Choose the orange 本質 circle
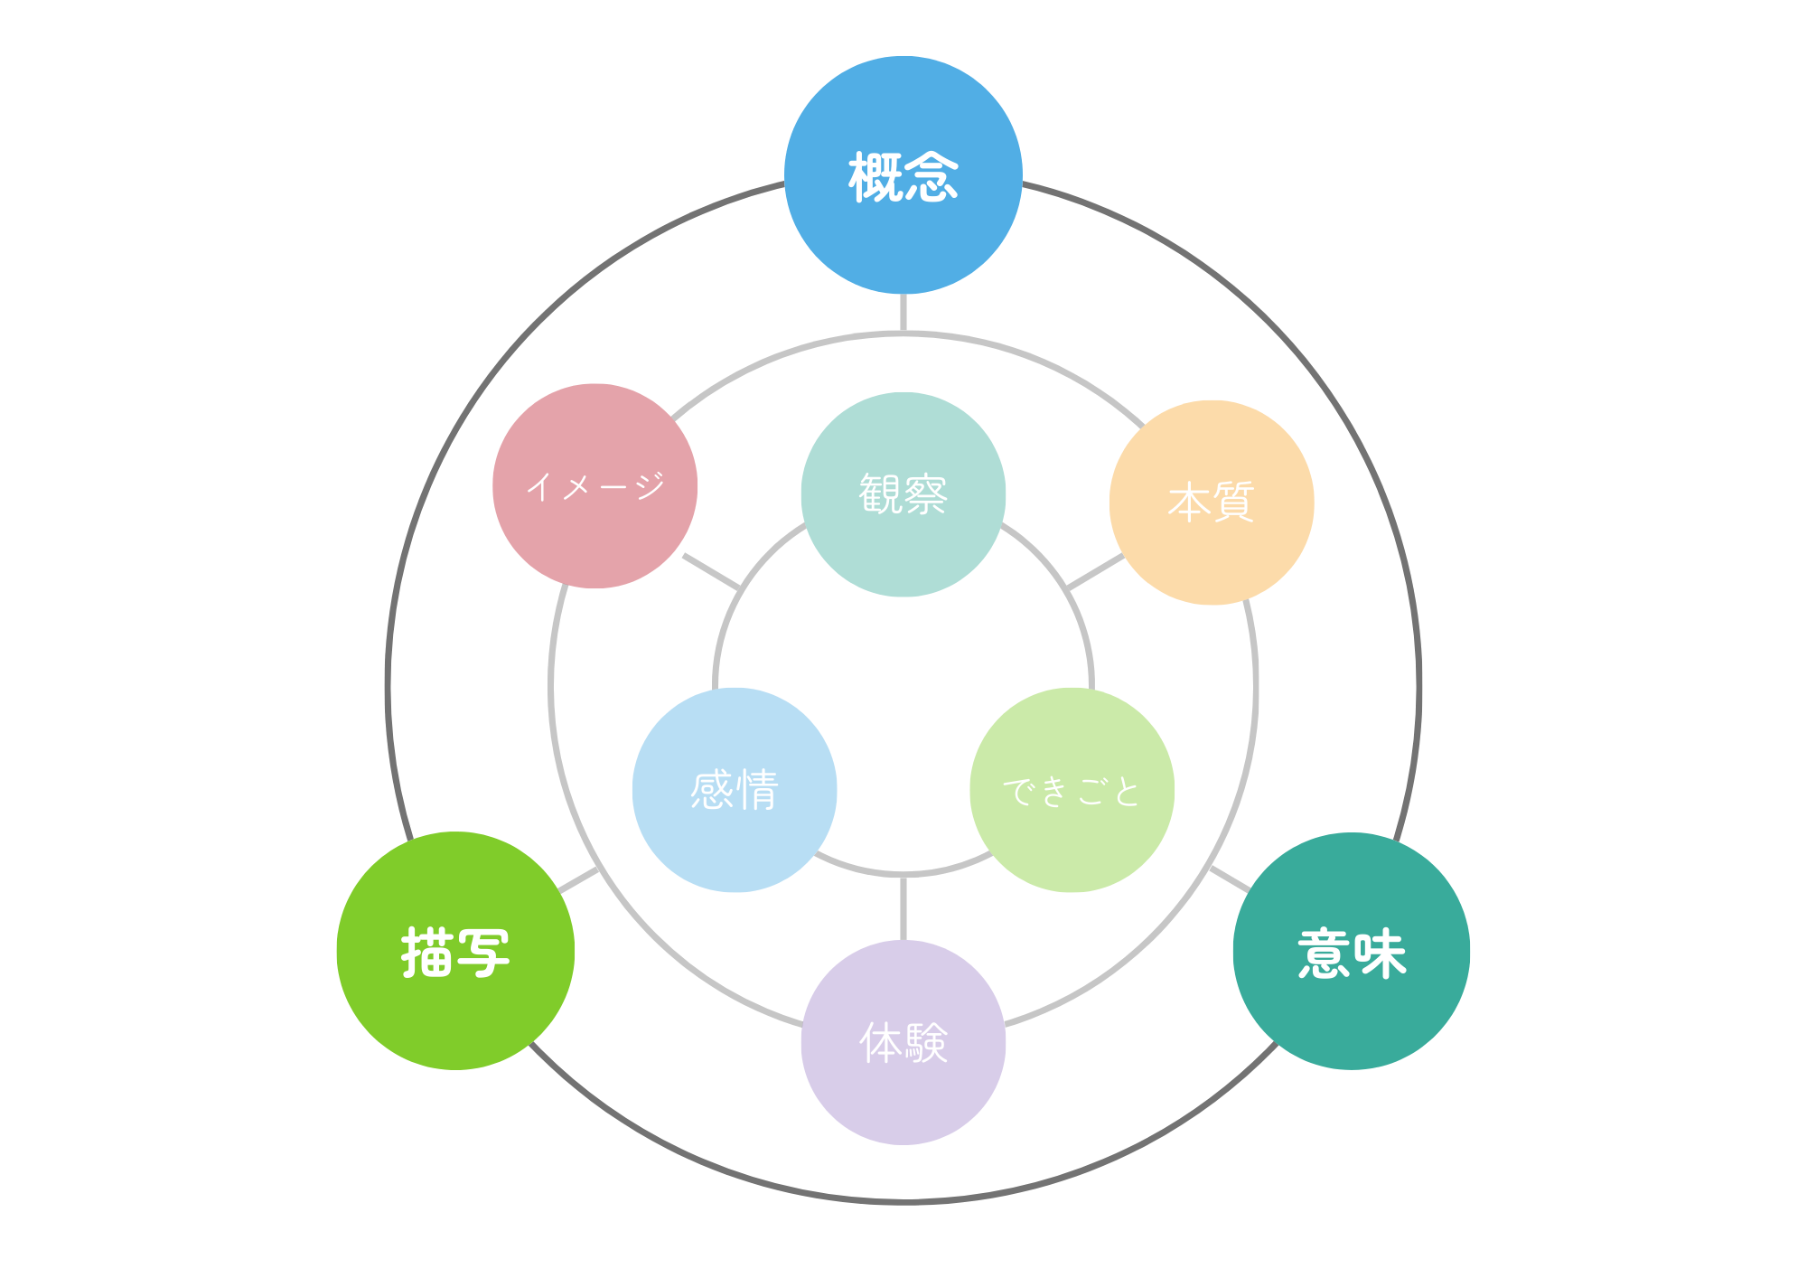(1212, 551)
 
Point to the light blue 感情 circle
(735, 841)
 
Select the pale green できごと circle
(1072, 841)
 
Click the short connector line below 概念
(903, 314)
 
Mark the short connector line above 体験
(903, 908)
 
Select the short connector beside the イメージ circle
(712, 572)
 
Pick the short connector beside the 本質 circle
(1096, 572)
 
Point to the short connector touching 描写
(578, 880)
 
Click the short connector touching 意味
(1230, 879)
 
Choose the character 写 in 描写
(483, 953)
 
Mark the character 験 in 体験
(926, 1043)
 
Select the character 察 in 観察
(926, 494)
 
